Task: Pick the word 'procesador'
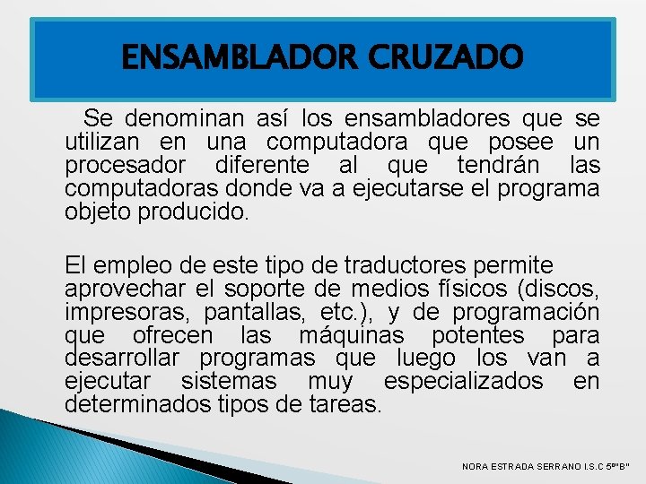point(126,166)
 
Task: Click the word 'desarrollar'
point(126,359)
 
